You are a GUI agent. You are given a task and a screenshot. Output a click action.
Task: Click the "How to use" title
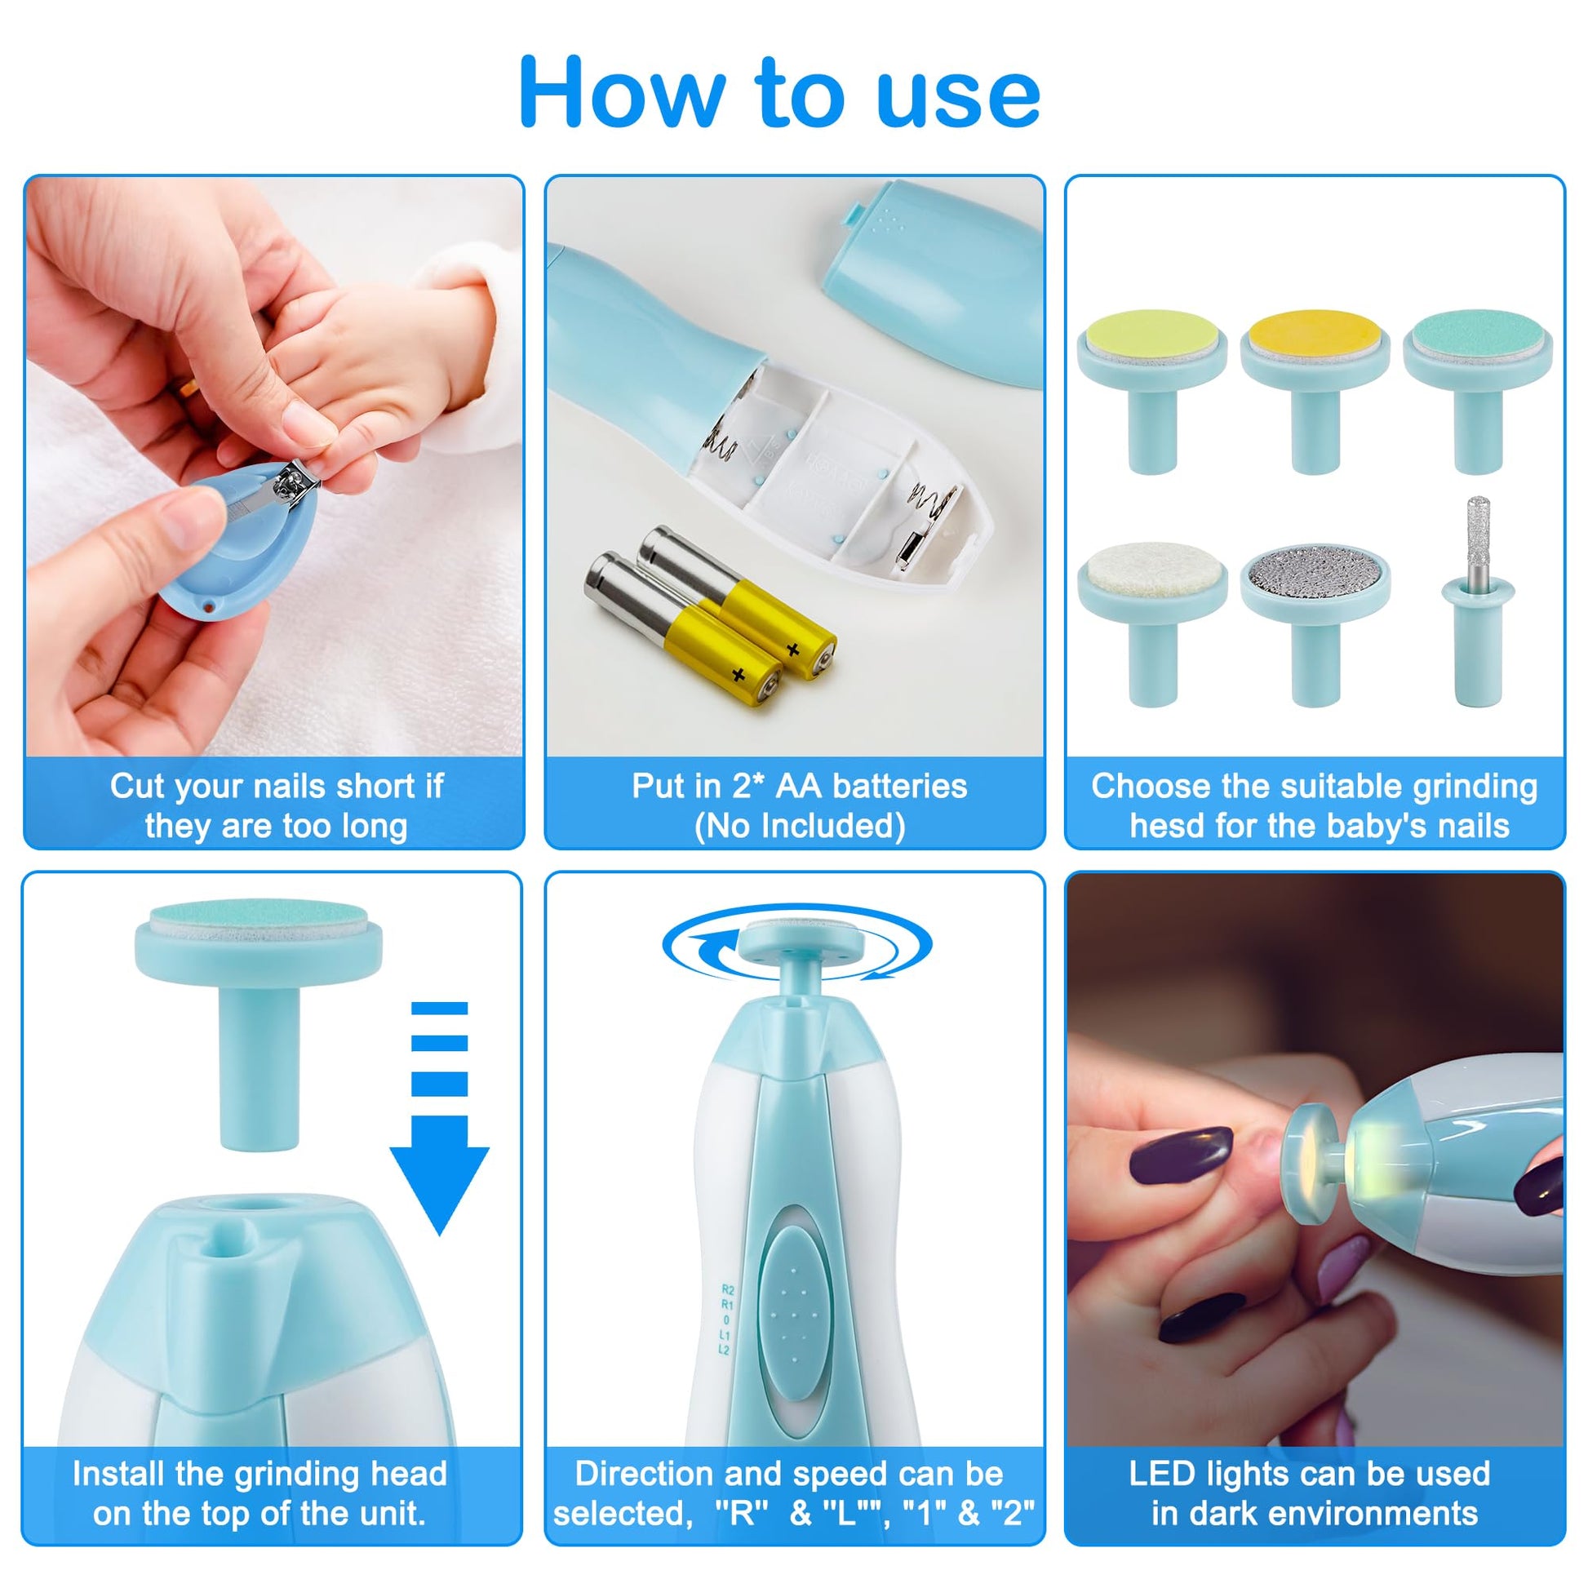click(780, 93)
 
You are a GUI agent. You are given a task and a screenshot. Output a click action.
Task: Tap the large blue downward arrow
click(440, 1118)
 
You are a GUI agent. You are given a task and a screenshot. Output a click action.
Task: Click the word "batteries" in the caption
click(900, 787)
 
